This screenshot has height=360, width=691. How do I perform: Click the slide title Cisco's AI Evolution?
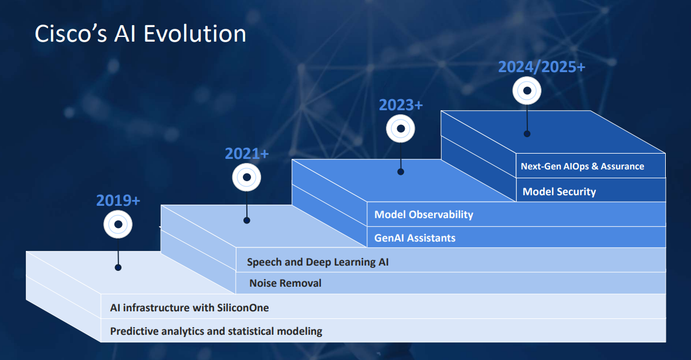point(140,33)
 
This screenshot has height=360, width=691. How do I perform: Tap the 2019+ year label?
point(118,201)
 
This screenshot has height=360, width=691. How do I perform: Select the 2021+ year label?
point(246,154)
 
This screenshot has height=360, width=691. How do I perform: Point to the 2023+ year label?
point(401,105)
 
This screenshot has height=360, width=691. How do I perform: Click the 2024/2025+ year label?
point(541,67)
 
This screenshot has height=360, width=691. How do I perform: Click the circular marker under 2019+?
point(118,224)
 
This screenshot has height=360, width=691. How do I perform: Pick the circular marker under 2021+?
point(247,177)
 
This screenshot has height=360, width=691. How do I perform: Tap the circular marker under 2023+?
point(401,128)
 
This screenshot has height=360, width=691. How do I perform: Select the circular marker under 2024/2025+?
point(527,91)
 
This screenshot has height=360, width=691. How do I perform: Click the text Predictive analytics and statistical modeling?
point(216,331)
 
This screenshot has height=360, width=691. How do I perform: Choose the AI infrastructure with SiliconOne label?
point(189,307)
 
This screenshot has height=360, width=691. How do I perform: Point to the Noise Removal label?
point(285,283)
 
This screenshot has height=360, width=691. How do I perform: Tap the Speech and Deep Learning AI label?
point(317,262)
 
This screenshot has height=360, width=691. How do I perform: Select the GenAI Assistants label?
point(415,238)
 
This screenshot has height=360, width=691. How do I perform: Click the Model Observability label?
point(424,215)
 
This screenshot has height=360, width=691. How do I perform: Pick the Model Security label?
point(559,192)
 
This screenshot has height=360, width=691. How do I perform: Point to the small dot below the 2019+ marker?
point(118,267)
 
